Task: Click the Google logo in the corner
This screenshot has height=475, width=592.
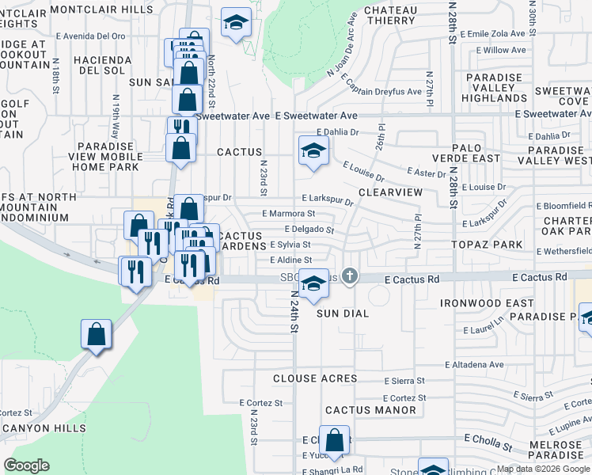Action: (27, 465)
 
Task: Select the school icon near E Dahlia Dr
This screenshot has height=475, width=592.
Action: (313, 150)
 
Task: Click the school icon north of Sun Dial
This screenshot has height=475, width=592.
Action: (314, 284)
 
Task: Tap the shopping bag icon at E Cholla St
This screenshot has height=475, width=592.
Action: (335, 440)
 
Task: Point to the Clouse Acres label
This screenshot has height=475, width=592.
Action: (315, 379)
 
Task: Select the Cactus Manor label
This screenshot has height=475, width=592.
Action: (370, 410)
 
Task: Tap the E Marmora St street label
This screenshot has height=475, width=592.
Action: (288, 214)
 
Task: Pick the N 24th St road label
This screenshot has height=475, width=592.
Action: (294, 310)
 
